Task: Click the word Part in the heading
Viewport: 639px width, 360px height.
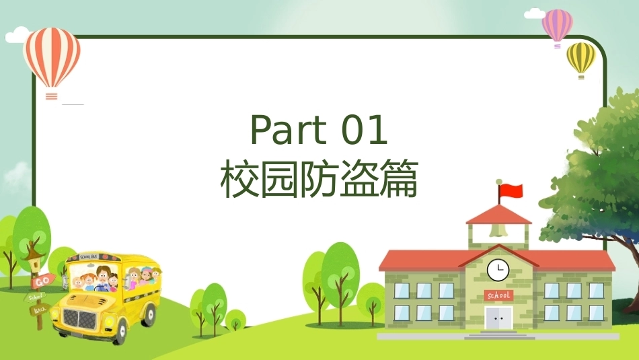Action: (289, 130)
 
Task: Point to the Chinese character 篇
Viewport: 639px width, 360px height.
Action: (399, 178)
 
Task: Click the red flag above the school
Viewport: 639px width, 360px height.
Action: (511, 191)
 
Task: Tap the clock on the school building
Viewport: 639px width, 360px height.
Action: (498, 270)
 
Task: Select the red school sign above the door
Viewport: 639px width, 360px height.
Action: (498, 295)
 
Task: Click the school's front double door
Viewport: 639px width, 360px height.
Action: (498, 318)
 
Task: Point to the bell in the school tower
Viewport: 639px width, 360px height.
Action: (498, 229)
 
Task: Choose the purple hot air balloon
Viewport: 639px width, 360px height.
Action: (557, 26)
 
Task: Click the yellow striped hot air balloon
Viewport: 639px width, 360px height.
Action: (581, 58)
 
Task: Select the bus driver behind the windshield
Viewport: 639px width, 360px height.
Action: (104, 278)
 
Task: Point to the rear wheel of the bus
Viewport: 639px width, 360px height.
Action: (150, 314)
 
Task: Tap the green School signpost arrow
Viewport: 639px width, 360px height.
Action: (35, 296)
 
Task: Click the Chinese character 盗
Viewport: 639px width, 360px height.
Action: (359, 178)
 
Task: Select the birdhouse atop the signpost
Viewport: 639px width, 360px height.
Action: (34, 260)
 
